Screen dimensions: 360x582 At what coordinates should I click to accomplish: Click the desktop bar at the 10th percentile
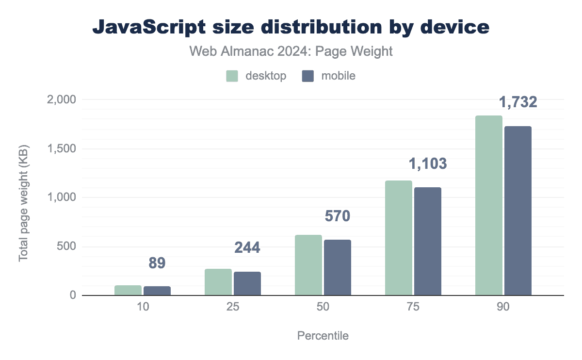click(128, 290)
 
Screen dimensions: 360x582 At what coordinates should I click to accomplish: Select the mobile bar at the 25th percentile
click(247, 283)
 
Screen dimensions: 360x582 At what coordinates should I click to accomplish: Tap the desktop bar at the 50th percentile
click(308, 265)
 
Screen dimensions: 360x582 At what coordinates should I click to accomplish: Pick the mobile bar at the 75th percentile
click(428, 241)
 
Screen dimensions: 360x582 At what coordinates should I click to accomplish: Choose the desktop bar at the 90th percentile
click(489, 205)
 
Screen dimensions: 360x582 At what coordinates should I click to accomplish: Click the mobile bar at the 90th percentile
click(518, 211)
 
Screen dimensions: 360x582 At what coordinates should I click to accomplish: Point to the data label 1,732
click(518, 102)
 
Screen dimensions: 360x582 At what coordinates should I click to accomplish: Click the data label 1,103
click(428, 164)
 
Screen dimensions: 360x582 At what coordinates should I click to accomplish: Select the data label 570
click(337, 216)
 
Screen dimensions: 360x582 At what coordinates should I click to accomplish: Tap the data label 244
click(247, 247)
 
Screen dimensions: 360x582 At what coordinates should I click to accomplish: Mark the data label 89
click(157, 263)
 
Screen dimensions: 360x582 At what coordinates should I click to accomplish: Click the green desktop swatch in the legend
click(232, 76)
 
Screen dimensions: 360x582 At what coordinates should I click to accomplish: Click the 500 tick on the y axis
click(66, 246)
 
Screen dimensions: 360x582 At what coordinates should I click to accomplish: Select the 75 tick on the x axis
click(413, 308)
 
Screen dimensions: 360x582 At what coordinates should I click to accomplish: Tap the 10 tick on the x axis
click(143, 308)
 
